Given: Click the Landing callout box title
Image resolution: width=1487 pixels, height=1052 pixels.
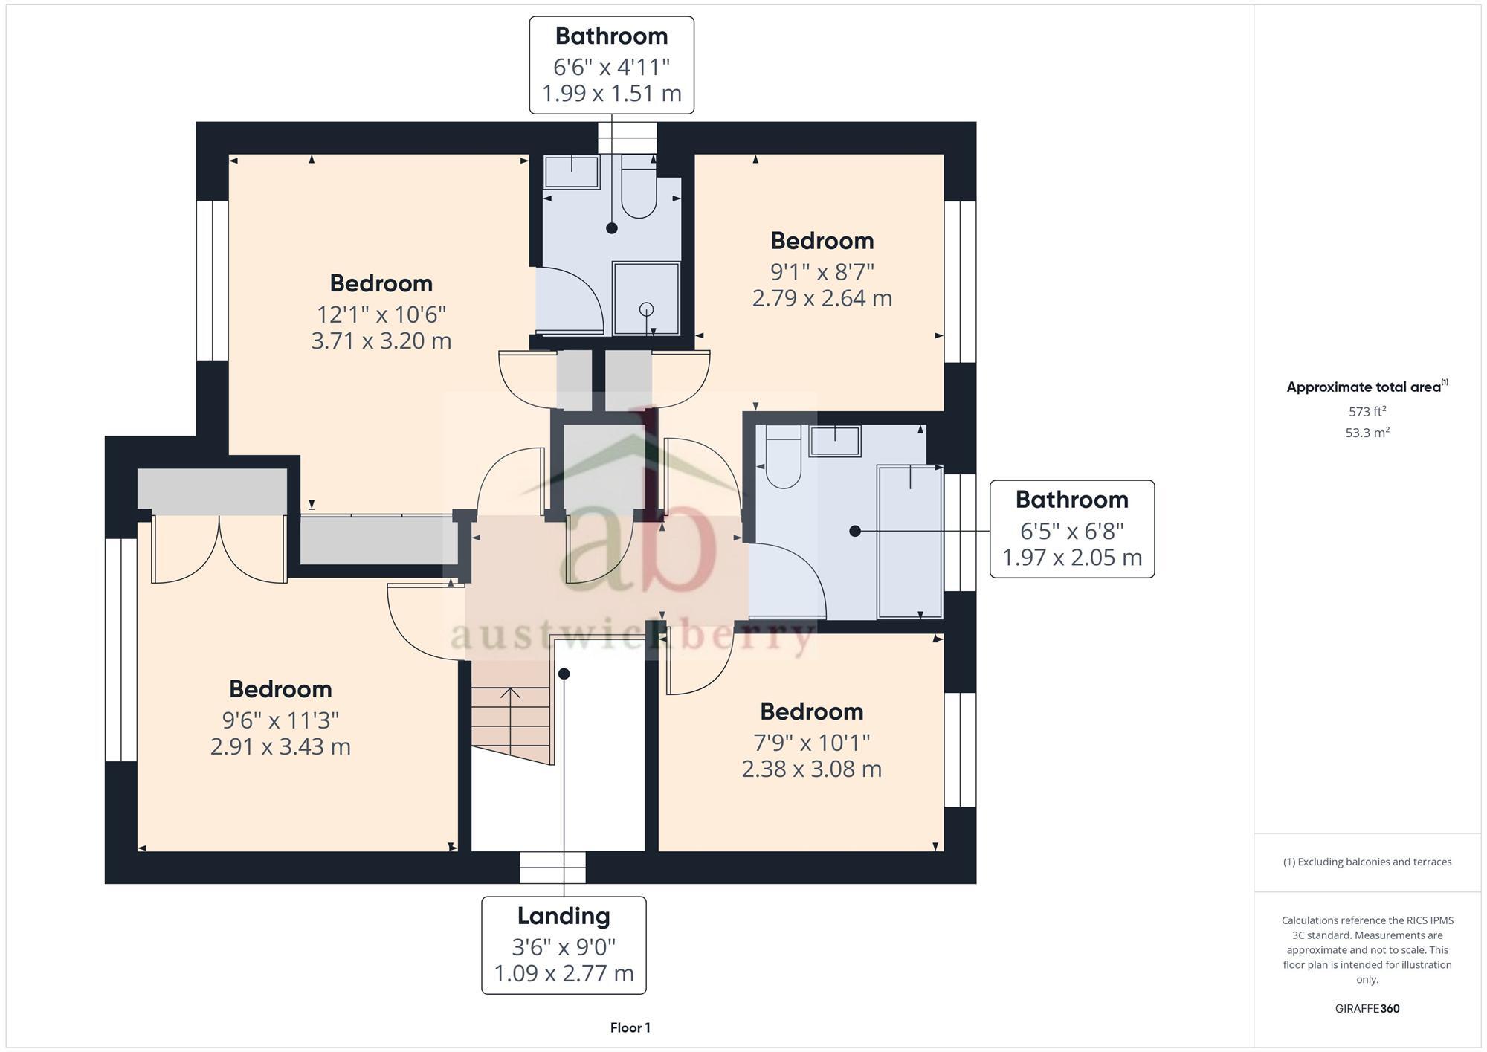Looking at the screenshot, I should point(564,916).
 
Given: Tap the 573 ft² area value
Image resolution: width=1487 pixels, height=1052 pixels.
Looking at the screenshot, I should point(1367,411).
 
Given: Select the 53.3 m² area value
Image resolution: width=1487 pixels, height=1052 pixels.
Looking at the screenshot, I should point(1367,433).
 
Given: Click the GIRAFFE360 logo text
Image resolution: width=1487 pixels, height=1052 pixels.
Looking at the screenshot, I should point(1367,1009).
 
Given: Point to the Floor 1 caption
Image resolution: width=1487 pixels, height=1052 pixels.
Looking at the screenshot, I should point(630,1028).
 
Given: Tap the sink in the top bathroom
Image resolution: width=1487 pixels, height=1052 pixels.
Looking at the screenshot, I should point(571,172).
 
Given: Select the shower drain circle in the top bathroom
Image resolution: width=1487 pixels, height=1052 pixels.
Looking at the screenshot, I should point(646,309).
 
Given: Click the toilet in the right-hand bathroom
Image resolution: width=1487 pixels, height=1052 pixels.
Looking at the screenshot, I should point(782,460).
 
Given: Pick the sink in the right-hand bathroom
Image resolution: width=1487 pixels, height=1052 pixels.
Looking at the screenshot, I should point(835,441).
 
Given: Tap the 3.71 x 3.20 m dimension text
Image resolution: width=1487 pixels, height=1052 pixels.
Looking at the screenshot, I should point(381,341).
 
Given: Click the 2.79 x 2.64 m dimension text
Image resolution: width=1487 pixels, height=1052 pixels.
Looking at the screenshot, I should point(822,299).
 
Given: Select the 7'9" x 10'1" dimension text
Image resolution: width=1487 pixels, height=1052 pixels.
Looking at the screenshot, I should point(811,742).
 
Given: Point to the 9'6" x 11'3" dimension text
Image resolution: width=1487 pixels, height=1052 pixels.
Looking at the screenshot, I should point(280,720).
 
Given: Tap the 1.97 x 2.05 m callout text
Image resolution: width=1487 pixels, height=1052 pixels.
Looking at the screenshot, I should point(1071,558).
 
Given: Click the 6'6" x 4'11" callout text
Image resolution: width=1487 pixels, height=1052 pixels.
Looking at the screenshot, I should point(611,68).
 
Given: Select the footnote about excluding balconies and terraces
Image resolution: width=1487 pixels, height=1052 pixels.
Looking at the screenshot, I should point(1367,862).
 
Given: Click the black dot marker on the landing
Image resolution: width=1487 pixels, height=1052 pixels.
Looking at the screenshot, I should point(564,674).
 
